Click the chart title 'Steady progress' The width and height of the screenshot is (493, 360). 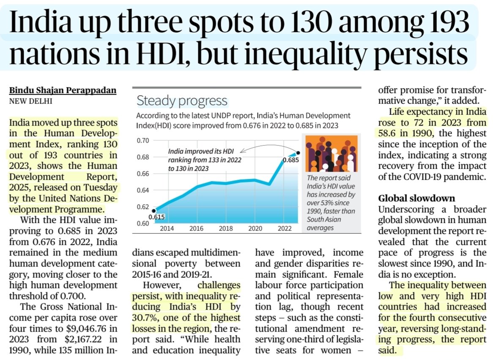(182, 101)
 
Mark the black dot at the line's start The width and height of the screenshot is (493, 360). (154, 210)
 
